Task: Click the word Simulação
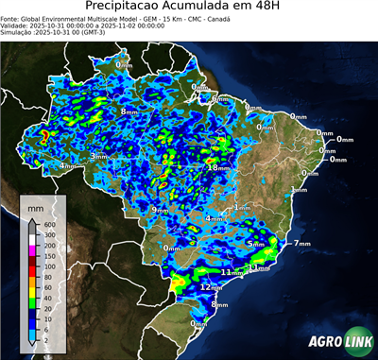click(x=17, y=32)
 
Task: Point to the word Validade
click(x=16, y=25)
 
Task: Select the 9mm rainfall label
click(x=160, y=210)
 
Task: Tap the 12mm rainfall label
click(x=211, y=286)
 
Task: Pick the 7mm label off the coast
click(x=302, y=244)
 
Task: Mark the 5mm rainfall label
click(x=255, y=244)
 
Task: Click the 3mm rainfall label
click(x=97, y=156)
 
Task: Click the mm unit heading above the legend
click(x=36, y=205)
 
